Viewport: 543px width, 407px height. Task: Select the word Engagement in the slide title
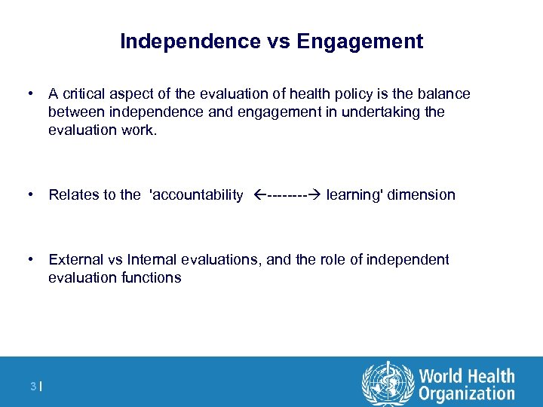[x=360, y=41]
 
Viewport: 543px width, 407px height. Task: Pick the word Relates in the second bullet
[x=73, y=195]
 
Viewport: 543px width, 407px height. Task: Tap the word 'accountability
[x=197, y=195]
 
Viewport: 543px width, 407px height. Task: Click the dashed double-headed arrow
[x=286, y=195]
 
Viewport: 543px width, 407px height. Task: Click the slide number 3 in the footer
[x=33, y=387]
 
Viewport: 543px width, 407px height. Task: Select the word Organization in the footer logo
[x=467, y=393]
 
